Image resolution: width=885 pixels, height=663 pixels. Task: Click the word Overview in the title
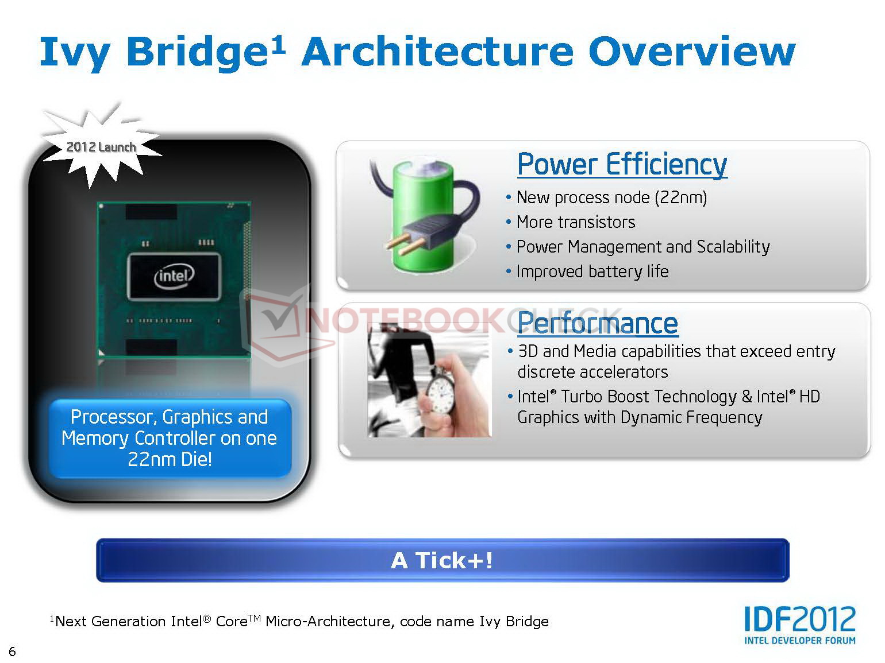692,52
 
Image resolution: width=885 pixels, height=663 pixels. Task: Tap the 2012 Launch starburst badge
101,146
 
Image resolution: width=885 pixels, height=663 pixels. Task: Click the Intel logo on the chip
174,276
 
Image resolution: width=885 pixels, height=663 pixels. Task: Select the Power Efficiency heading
622,164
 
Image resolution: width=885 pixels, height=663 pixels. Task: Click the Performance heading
598,323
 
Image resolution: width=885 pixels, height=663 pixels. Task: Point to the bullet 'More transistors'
575,222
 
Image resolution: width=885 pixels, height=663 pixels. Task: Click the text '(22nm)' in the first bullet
680,197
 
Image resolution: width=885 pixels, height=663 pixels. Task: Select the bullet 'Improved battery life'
592,272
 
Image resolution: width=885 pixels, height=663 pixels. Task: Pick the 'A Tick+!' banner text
442,560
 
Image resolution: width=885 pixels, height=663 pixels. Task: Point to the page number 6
12,651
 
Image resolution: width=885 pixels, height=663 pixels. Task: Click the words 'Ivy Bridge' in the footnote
514,622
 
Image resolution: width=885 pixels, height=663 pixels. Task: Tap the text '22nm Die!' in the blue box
170,459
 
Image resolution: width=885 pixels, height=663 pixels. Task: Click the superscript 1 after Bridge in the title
278,46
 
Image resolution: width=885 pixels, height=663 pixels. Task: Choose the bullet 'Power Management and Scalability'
642,247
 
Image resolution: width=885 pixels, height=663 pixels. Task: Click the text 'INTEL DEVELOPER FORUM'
800,641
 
